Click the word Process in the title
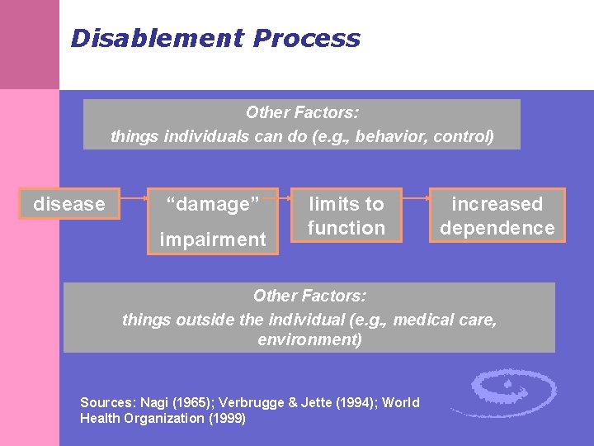point(307,38)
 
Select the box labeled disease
point(69,204)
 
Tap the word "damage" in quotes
point(213,204)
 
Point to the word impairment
point(213,239)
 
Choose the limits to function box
point(346,216)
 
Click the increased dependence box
point(497,216)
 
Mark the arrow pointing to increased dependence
point(415,198)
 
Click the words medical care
point(445,319)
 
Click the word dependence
point(497,228)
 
